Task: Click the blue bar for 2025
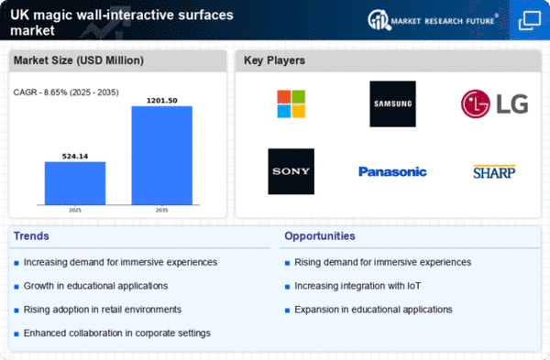75,183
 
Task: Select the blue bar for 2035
162,156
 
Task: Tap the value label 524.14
75,157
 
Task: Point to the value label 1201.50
162,101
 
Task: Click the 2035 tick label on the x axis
161,211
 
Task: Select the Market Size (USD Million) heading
79,60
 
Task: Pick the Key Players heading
274,60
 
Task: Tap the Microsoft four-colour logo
291,104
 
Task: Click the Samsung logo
393,104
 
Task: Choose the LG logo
495,104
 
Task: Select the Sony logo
291,171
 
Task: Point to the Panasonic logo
393,172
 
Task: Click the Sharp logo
494,172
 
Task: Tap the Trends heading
31,236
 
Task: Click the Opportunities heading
320,236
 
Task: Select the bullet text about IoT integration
357,286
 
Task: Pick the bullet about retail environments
103,310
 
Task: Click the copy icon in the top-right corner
530,20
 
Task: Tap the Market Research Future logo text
443,21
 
